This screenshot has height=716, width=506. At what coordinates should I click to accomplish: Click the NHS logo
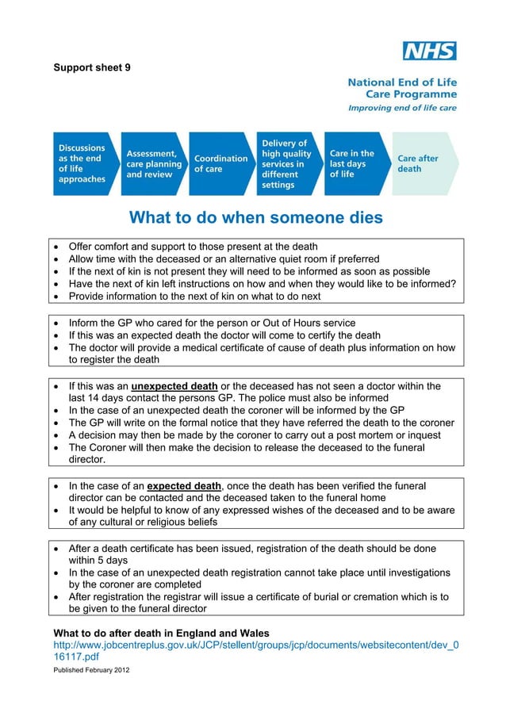coord(429,52)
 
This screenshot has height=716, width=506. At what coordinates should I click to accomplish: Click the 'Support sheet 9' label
coord(92,67)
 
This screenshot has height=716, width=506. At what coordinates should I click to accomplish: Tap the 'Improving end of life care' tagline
coord(403,108)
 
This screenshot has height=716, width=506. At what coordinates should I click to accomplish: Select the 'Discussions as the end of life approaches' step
coord(82,163)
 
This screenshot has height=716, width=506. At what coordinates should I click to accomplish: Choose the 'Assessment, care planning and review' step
coord(153,163)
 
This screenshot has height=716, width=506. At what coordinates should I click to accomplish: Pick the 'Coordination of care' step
coord(220,163)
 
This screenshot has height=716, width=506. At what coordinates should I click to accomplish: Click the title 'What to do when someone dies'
coord(255,217)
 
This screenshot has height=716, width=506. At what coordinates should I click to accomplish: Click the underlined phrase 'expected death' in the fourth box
coord(185,485)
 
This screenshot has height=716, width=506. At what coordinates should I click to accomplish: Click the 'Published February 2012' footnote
coord(91,670)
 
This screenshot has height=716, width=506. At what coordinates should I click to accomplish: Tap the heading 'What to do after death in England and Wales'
coord(161,633)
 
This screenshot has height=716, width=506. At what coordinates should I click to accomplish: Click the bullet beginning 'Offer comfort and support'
coord(193,247)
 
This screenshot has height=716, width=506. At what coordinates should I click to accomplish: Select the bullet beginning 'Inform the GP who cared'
coord(212,323)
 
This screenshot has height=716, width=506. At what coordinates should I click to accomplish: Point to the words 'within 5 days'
coord(98,560)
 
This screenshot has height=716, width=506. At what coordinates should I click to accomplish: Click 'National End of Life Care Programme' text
coord(402,87)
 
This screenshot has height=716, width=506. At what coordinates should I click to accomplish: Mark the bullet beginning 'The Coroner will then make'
coord(246,447)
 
